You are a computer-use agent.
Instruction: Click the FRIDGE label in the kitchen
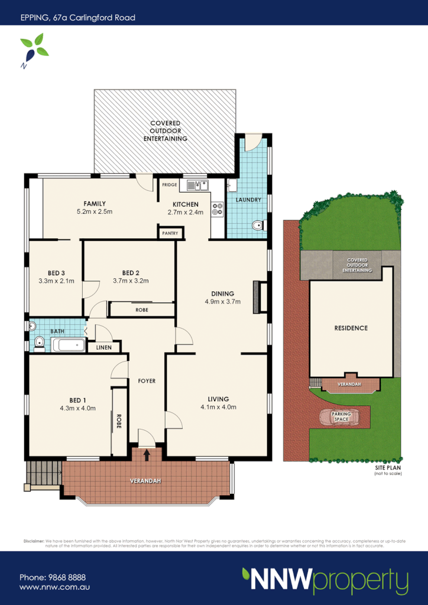170,185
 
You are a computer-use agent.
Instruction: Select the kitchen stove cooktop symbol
217,207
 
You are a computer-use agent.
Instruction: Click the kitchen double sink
198,186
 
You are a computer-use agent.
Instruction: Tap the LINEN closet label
103,347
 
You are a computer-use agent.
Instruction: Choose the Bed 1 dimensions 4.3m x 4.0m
77,408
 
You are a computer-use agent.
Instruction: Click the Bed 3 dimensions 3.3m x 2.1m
56,281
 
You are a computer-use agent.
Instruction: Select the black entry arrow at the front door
147,454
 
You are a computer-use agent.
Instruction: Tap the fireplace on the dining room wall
257,297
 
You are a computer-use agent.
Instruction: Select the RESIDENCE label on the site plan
351,328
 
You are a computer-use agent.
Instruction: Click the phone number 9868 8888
53,577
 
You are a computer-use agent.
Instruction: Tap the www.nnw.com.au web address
54,587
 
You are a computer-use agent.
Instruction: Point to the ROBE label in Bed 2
142,310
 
